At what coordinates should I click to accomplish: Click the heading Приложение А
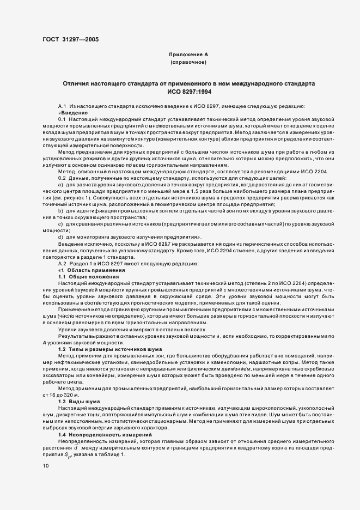coord(188,54)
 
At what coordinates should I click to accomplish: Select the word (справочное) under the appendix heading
coord(188,63)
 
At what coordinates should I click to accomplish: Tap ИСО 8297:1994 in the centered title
coord(188,93)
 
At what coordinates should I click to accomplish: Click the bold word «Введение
coord(72,112)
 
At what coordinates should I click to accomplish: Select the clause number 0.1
coord(62,118)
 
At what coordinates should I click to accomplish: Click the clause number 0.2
coord(62,163)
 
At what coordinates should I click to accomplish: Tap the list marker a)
coord(60,170)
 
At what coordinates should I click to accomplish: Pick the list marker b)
coord(60,196)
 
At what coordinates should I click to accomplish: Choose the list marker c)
coord(60,208)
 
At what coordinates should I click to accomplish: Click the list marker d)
coord(60,221)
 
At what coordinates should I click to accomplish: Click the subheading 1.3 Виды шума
coord(78,400)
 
